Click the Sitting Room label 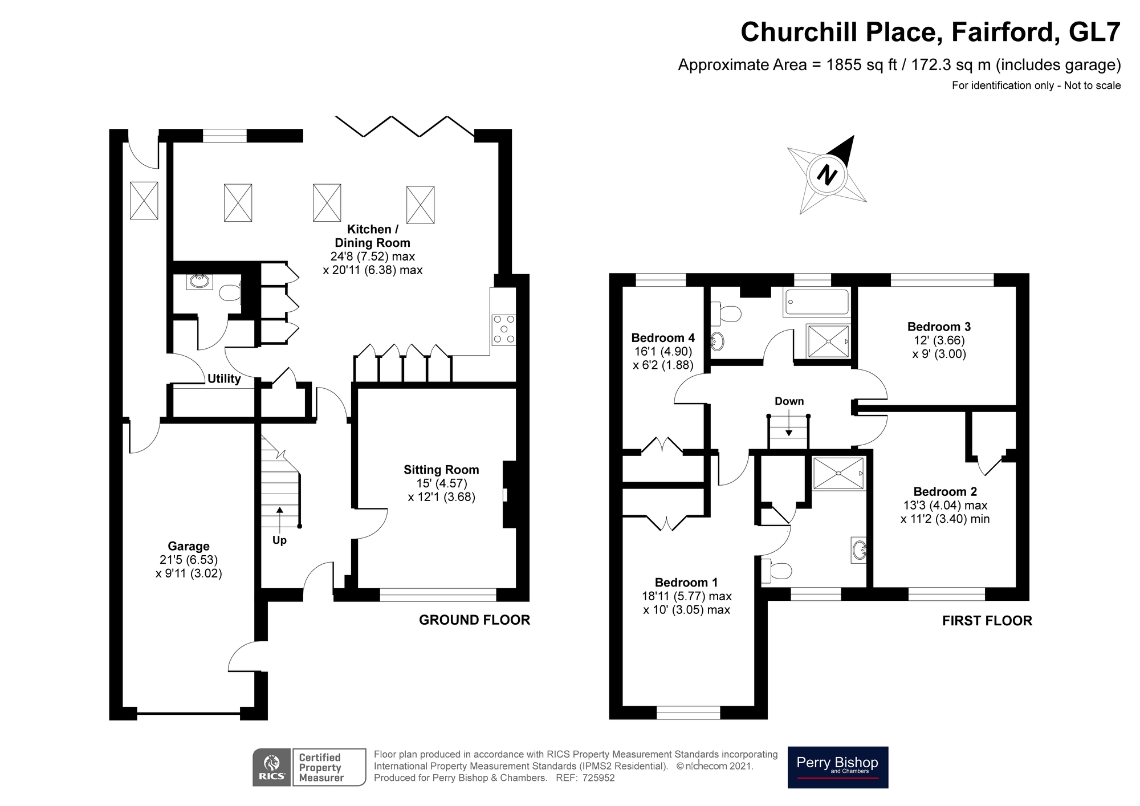click(x=441, y=470)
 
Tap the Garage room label click(x=189, y=546)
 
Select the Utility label click(x=224, y=378)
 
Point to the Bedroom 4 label click(x=663, y=337)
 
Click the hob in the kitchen click(x=504, y=330)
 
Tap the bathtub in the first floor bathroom click(x=817, y=303)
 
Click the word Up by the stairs click(x=279, y=540)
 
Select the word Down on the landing click(x=789, y=401)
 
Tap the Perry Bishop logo click(x=837, y=767)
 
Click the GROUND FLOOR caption click(x=474, y=620)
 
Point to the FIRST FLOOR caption click(x=987, y=621)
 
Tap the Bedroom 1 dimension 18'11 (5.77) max click(x=686, y=596)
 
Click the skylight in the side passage click(x=144, y=200)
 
